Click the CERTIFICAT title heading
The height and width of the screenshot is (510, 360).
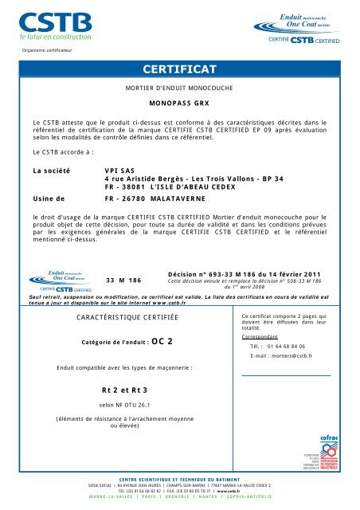pos(179,69)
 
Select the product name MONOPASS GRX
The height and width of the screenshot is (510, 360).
pos(179,104)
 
